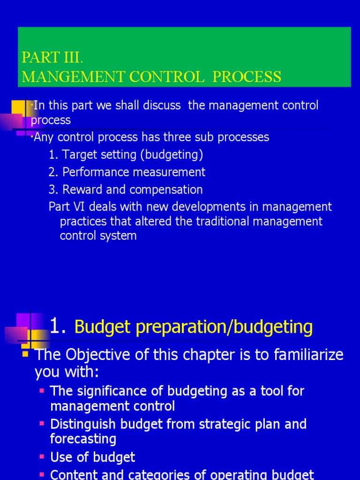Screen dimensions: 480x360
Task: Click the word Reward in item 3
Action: point(82,189)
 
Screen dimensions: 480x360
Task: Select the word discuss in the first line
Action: point(159,105)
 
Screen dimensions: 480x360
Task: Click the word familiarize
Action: point(302,355)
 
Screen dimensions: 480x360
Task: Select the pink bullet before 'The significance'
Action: point(42,390)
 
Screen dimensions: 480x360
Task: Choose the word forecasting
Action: point(83,439)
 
